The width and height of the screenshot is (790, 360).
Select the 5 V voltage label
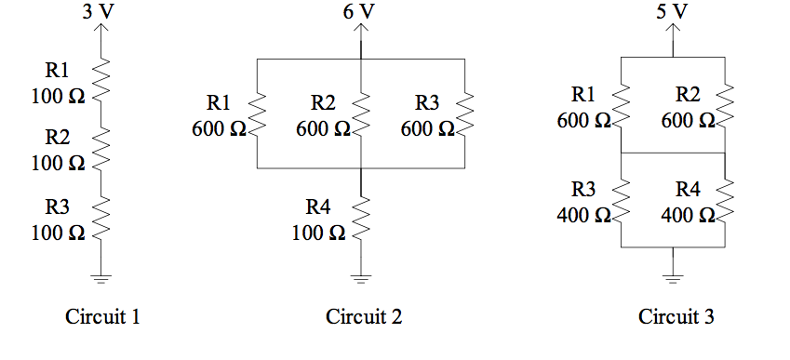coord(673,11)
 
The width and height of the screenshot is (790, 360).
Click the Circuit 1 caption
coord(102,317)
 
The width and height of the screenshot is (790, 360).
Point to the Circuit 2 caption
coord(364,317)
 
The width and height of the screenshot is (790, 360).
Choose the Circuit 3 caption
coord(676,317)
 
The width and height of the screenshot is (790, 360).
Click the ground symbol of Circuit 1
coord(102,276)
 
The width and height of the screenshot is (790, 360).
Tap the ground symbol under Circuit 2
coord(361,276)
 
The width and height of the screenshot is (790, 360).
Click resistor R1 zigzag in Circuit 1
coord(102,80)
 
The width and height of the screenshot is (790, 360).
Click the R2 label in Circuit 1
coord(58,138)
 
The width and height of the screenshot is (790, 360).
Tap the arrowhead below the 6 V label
coord(361,28)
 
